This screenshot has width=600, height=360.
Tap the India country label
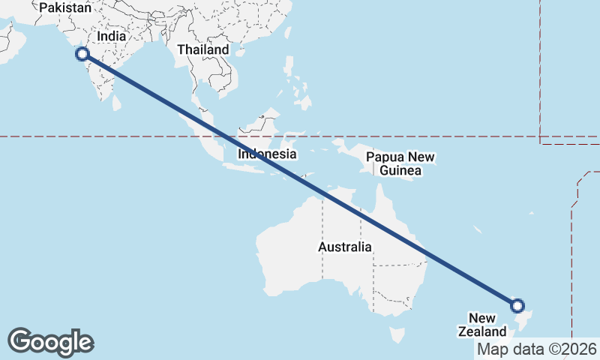coord(110,35)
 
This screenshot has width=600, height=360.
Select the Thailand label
coord(202,49)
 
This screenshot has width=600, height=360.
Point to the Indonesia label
coord(268,154)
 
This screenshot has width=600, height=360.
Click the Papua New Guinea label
coord(400,163)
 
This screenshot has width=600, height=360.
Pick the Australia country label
coord(344,247)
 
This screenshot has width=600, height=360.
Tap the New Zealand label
coord(487,324)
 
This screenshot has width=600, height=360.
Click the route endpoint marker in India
coord(82,53)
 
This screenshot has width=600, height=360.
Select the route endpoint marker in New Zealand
coord(517,305)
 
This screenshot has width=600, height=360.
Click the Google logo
coord(50,341)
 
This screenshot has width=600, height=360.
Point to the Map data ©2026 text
coord(537,349)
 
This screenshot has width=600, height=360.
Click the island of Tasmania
coord(396,330)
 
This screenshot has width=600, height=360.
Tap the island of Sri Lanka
coord(117,103)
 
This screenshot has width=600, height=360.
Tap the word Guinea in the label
coord(400,171)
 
